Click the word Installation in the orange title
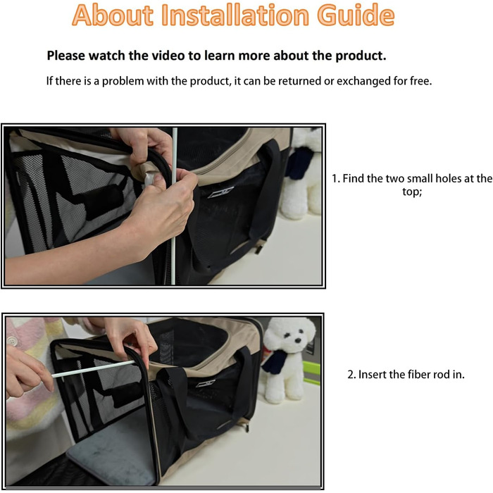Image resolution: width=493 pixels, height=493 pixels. [235, 15]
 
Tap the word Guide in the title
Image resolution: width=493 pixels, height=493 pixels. [356, 15]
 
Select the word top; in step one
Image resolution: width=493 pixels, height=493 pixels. [412, 192]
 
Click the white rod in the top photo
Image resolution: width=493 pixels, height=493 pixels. [174, 206]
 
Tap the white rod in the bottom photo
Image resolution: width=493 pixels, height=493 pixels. [94, 369]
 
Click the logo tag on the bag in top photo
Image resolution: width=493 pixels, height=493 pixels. [220, 192]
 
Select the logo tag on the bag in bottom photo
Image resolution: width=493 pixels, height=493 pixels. [206, 383]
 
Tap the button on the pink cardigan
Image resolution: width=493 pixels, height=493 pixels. [12, 340]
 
